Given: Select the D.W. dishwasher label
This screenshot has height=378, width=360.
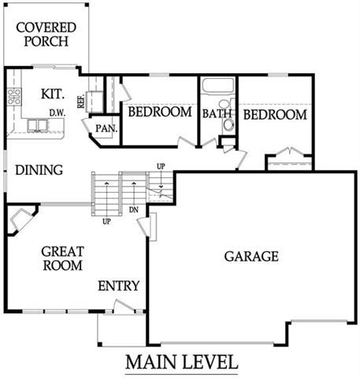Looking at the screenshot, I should coord(56,113).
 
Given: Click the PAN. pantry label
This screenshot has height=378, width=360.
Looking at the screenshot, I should coord(106,128).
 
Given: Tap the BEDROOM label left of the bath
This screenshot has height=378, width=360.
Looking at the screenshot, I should coord(160,113).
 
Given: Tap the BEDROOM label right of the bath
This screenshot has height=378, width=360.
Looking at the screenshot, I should coord(274,115).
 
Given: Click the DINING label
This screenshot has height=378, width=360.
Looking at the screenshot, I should coord(39,169).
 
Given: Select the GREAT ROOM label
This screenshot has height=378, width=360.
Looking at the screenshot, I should coord(62,258).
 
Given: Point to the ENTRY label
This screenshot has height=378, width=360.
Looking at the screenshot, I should coord(118,285).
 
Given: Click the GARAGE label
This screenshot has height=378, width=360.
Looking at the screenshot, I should coord(251,256).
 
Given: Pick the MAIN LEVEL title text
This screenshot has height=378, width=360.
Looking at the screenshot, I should coord(180,362).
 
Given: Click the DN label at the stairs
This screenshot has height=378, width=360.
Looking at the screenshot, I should coord(133,210).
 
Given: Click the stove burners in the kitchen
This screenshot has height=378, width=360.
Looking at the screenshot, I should coord(13,97).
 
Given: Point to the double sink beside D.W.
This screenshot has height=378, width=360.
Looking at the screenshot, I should coord(36,125).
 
